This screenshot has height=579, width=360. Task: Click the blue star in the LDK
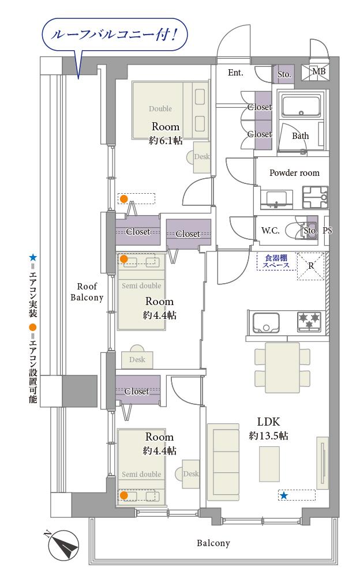tap(284, 495)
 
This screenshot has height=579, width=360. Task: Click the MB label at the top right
tap(318, 72)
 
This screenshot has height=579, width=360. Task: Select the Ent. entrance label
tap(235, 73)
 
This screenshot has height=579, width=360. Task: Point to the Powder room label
tap(294, 172)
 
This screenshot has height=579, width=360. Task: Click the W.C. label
tap(270, 230)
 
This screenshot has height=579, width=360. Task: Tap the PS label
tap(328, 230)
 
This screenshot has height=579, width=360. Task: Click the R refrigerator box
tap(311, 266)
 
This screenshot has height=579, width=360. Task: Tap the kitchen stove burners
tap(309, 321)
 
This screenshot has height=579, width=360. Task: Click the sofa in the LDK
tap(223, 461)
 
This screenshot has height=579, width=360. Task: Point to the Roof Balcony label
tap(87, 292)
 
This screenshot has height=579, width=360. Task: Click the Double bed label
tap(160, 108)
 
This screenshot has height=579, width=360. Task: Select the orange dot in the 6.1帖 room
tap(123, 199)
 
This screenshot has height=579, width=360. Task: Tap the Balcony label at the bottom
tap(213, 543)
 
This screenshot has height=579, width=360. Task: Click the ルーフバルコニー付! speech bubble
tap(113, 35)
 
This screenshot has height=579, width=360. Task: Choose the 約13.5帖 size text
tap(268, 436)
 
